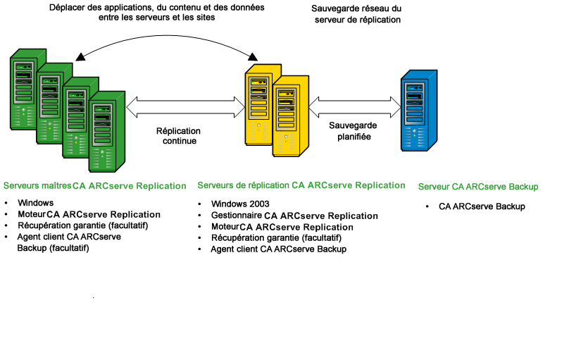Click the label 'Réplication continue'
click(x=177, y=136)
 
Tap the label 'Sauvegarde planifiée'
click(x=350, y=131)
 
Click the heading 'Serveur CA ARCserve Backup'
click(x=478, y=187)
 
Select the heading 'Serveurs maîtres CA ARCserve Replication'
click(x=95, y=186)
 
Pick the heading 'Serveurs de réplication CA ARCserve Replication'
click(x=301, y=185)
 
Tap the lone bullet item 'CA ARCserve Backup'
click(x=482, y=206)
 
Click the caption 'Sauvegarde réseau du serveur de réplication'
click(x=356, y=15)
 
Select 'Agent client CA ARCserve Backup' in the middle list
click(x=278, y=249)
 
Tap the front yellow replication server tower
click(x=289, y=116)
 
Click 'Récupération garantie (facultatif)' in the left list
click(x=83, y=225)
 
